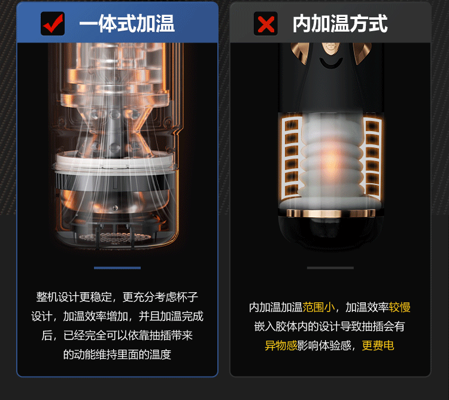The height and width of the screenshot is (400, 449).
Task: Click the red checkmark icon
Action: pos(53,23)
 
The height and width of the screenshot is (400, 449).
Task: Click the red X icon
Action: pos(266,23)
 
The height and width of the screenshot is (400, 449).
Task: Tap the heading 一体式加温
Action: pos(127,24)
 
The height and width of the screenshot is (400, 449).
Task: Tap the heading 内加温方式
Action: pos(340,24)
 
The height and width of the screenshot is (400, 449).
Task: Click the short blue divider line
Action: pos(117,268)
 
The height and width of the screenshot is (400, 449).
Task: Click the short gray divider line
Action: pos(330,268)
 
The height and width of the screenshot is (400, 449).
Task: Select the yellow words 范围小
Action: pos(318,307)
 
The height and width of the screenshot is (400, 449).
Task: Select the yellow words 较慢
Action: pos(400,307)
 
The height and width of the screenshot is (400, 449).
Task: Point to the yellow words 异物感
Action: pos(281,346)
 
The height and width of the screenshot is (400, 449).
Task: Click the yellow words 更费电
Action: pos(378,346)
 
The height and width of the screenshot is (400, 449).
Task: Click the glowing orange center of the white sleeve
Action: pos(331,159)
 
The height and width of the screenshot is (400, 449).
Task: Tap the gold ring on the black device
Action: pos(330,213)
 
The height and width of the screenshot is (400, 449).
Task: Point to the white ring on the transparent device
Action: pos(114,161)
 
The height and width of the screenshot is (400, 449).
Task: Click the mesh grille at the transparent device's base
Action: pos(114,238)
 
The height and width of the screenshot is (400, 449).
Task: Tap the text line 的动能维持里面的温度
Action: pos(117,354)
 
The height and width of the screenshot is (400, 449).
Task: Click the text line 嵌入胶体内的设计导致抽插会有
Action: pos(329,326)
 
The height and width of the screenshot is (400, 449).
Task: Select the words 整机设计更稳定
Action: pos(74,297)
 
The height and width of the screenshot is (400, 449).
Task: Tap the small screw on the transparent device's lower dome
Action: pos(115,208)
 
